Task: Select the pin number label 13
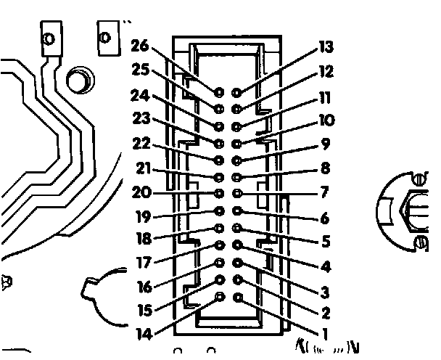(x=326, y=49)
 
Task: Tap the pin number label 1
(x=323, y=334)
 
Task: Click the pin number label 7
(x=323, y=193)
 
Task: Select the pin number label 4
(x=325, y=266)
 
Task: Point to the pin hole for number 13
(x=237, y=92)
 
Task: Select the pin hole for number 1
(x=238, y=298)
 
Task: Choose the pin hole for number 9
(x=238, y=159)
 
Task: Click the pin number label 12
(x=326, y=72)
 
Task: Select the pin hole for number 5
(x=238, y=229)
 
